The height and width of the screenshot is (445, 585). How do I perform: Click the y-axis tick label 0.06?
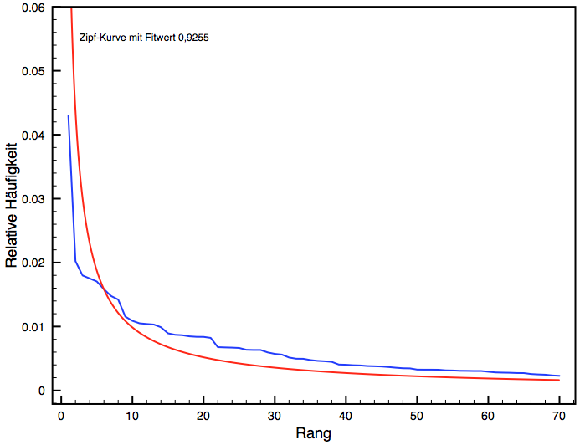(34, 8)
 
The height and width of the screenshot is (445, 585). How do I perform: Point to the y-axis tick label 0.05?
(34, 71)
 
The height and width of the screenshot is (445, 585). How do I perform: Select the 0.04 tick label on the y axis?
(34, 135)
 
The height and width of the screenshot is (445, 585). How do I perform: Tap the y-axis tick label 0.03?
(34, 199)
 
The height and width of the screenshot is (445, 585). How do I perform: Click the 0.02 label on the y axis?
(34, 263)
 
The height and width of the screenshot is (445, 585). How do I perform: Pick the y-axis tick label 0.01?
(34, 326)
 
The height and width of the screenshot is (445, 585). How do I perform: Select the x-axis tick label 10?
(131, 416)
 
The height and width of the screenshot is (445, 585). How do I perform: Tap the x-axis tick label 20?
(203, 416)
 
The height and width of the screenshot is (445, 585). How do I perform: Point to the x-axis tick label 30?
(274, 416)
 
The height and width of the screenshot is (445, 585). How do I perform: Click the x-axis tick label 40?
(345, 416)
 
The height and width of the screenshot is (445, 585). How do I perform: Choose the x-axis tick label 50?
(417, 416)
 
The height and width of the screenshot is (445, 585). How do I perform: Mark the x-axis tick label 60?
(488, 416)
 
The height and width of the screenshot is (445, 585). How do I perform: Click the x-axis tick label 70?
(559, 416)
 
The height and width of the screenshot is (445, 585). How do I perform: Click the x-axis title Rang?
(314, 433)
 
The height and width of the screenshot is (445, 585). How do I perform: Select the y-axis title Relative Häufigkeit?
(12, 204)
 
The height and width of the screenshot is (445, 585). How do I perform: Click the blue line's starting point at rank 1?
(68, 116)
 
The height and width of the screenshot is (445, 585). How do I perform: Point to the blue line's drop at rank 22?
(216, 341)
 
